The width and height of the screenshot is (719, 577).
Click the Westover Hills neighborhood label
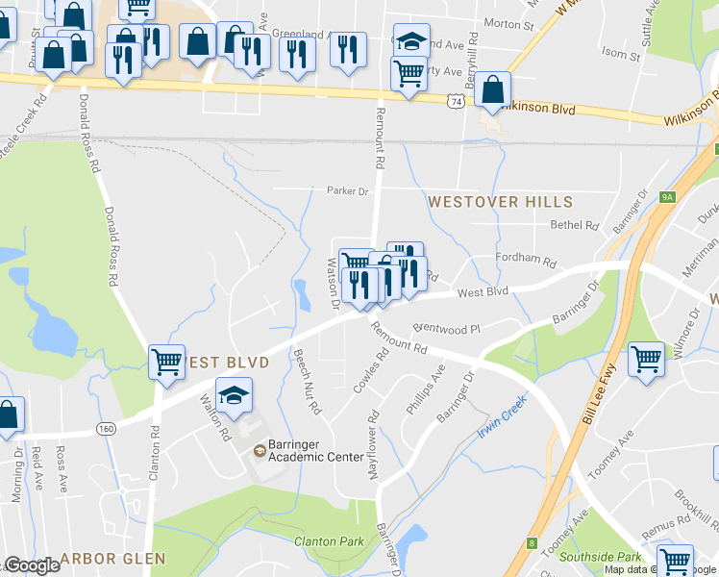pyautogui.click(x=500, y=202)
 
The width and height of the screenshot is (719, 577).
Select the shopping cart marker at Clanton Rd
pyautogui.click(x=167, y=363)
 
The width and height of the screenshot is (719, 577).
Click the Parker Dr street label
pyautogui.click(x=347, y=191)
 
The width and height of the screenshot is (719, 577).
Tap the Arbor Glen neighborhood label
pyautogui.click(x=113, y=558)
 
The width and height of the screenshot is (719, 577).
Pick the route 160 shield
pyautogui.click(x=107, y=428)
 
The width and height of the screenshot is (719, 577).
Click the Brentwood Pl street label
pyautogui.click(x=445, y=329)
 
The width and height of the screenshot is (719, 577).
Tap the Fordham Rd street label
pyautogui.click(x=526, y=261)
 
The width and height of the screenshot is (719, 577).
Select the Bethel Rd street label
pyautogui.click(x=574, y=225)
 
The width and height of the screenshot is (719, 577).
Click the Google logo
pyautogui.click(x=32, y=565)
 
